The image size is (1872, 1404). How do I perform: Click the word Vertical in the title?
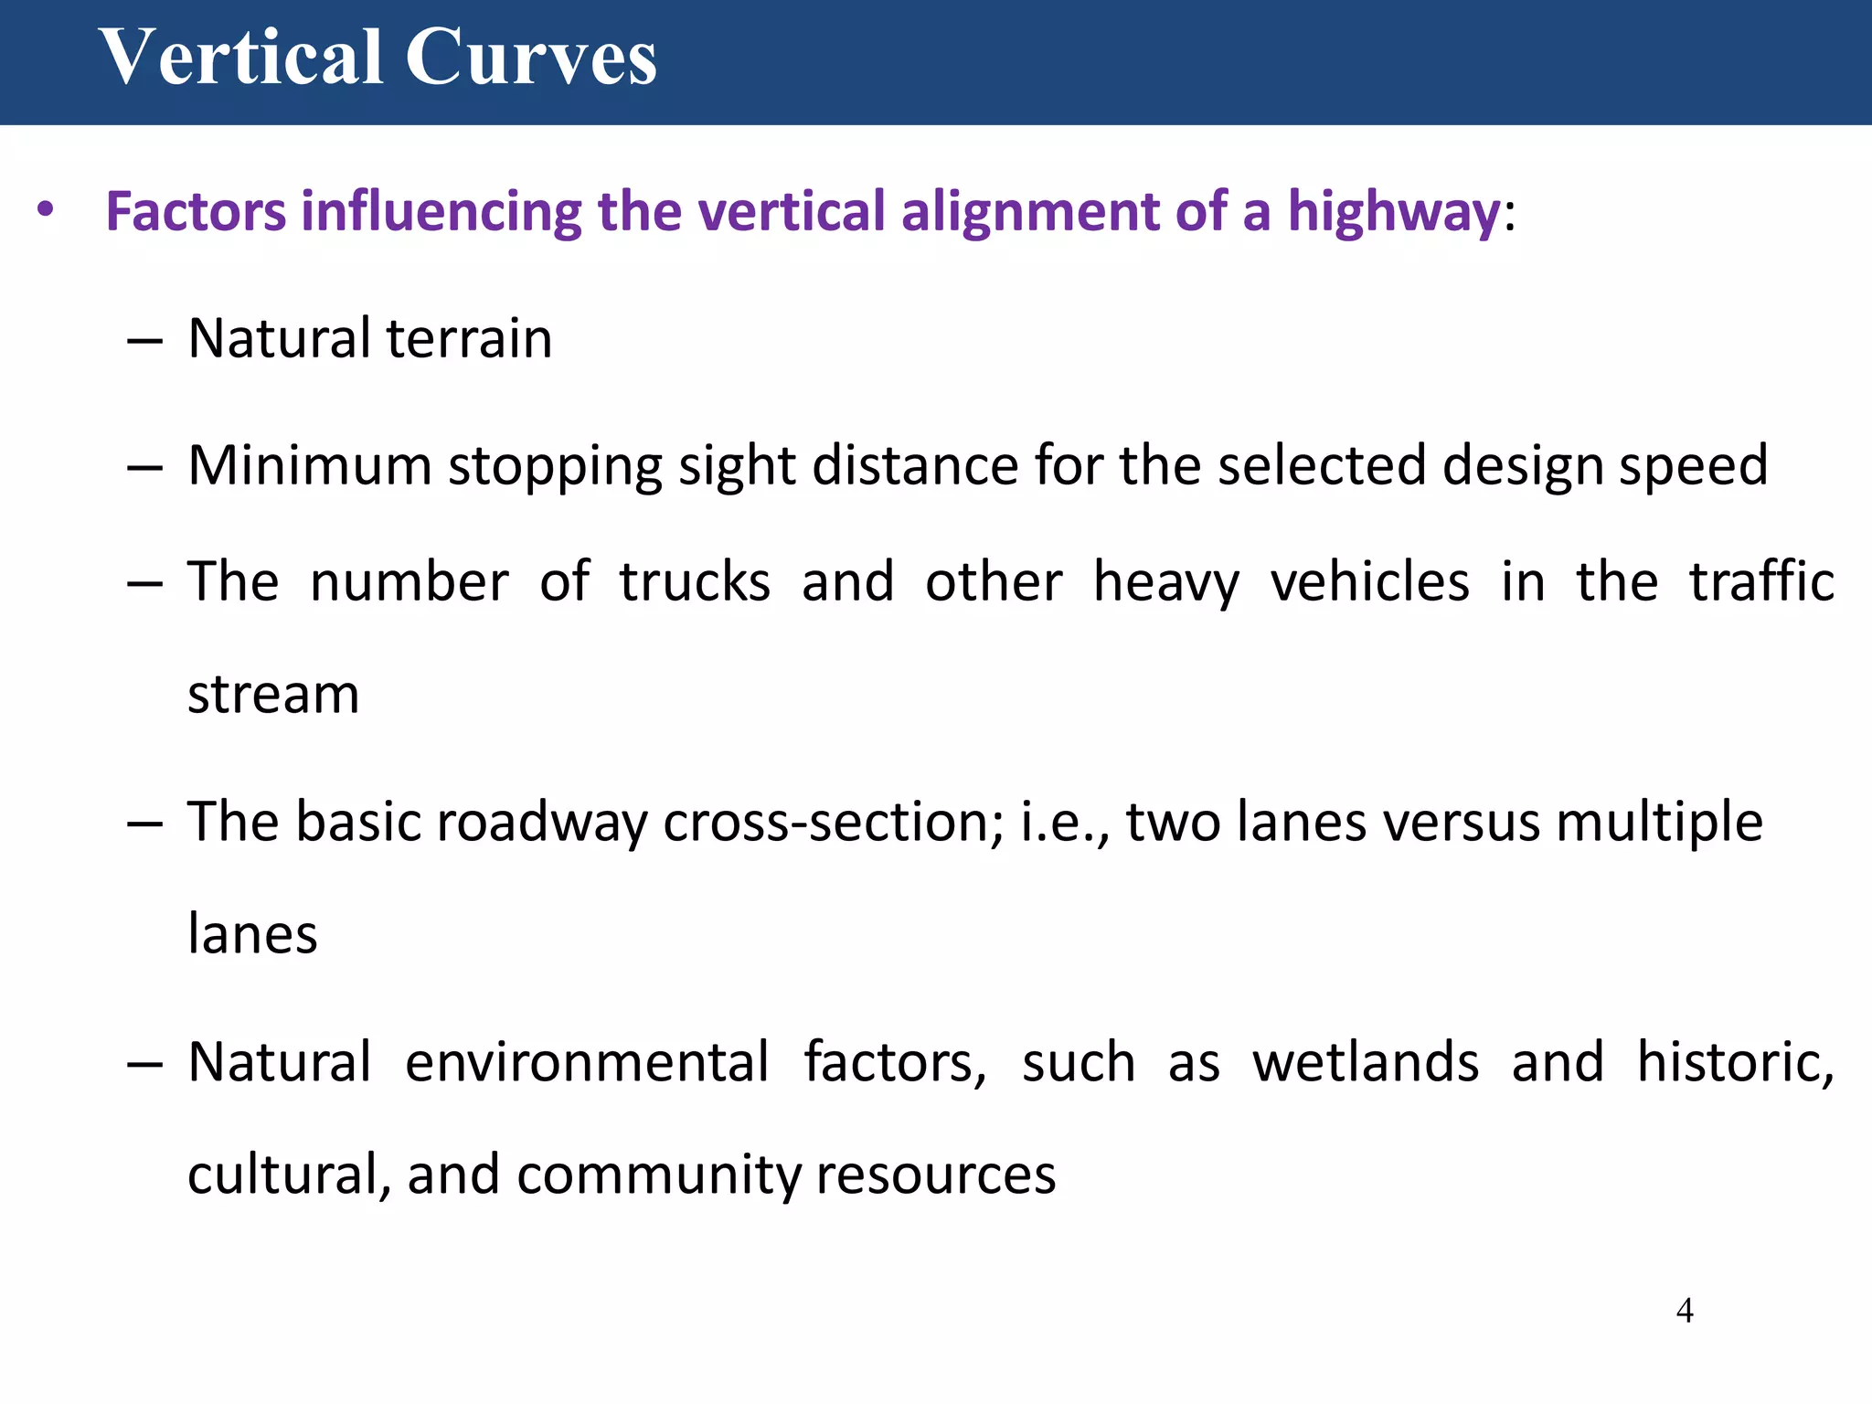240,58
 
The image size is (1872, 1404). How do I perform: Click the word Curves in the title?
530,58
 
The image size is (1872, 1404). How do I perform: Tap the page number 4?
1685,1311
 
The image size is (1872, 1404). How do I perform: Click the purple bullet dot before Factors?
46,211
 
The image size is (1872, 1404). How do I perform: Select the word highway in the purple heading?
1393,212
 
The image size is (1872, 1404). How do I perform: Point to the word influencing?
441,212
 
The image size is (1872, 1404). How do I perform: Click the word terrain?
469,338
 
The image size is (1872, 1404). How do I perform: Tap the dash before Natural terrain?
145,342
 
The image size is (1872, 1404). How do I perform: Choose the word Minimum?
309,465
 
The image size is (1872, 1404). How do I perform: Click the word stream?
273,695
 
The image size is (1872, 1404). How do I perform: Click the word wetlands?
1366,1062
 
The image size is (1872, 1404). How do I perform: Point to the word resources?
936,1175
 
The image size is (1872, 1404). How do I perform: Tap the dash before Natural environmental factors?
145,1066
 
